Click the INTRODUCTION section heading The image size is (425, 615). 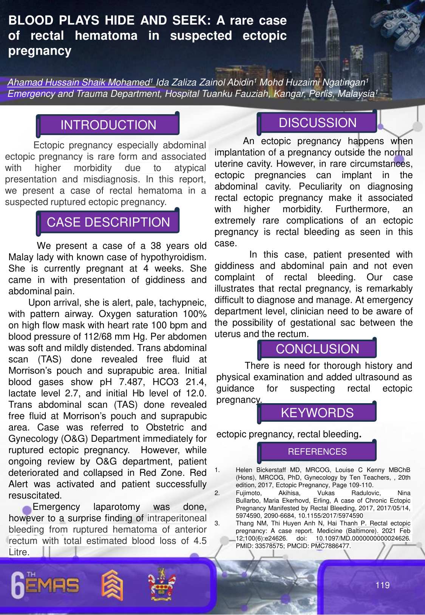pyautogui.click(x=108, y=125)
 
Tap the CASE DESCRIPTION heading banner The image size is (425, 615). pyautogui.click(x=108, y=222)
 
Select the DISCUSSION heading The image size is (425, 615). pyautogui.click(x=317, y=123)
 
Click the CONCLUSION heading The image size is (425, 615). pyautogui.click(x=317, y=349)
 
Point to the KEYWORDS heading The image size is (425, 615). pyautogui.click(x=317, y=413)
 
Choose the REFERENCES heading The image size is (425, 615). pyautogui.click(x=317, y=452)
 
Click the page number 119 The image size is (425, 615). pyautogui.click(x=382, y=585)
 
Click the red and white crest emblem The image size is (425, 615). pyautogui.click(x=162, y=585)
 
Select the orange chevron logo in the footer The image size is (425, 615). pyautogui.click(x=112, y=585)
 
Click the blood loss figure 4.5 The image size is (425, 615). pyautogui.click(x=200, y=541)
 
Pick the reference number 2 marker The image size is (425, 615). pyautogui.click(x=217, y=493)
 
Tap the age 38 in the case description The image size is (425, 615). pyautogui.click(x=156, y=246)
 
